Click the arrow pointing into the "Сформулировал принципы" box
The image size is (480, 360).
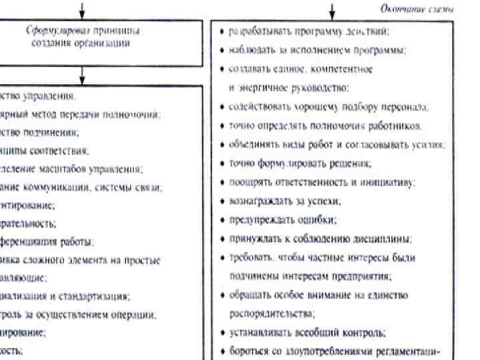coord(82,9)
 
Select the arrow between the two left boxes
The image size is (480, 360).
coord(82,73)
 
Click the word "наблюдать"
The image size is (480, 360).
coord(249,50)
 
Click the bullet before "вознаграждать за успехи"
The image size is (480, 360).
coord(223,201)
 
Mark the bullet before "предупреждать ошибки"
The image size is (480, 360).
coord(223,219)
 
